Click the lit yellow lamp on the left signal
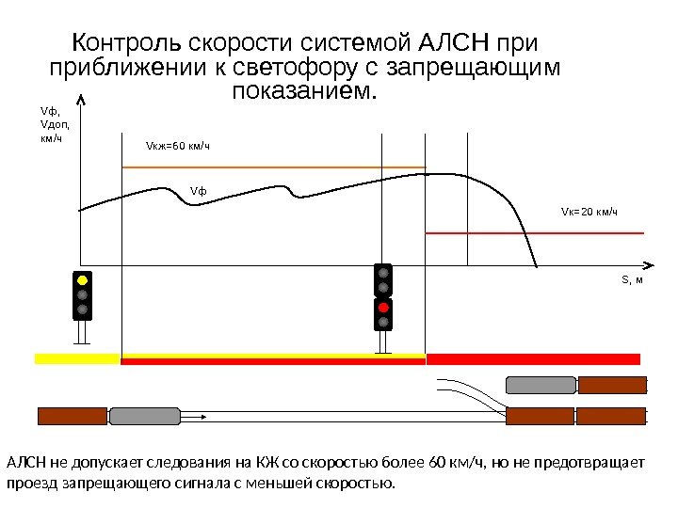(83, 280)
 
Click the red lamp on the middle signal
(382, 308)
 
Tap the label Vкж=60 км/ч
(177, 146)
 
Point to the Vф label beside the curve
(198, 192)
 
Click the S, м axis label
(630, 280)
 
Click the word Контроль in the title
(129, 43)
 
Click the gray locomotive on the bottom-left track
(137, 416)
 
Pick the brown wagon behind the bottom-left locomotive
(72, 416)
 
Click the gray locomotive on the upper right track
(541, 384)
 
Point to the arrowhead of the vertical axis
(81, 99)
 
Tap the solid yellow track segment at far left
(77, 358)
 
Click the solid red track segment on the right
(533, 358)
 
